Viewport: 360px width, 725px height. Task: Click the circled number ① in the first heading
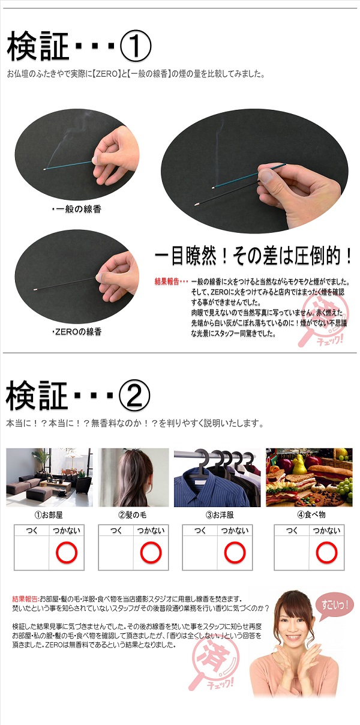pyautogui.click(x=135, y=47)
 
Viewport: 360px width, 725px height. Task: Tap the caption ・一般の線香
pyautogui.click(x=77, y=209)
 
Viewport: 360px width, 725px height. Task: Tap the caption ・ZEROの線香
pyautogui.click(x=77, y=332)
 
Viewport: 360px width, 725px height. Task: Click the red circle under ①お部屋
pyautogui.click(x=67, y=552)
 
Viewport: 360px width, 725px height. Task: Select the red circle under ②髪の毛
pyautogui.click(x=151, y=552)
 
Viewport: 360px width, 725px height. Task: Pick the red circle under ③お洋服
pyautogui.click(x=235, y=552)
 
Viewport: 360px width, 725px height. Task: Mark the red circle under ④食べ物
pyautogui.click(x=326, y=552)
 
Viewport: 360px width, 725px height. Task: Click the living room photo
pyautogui.click(x=49, y=477)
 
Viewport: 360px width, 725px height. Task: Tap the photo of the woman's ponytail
pyautogui.click(x=133, y=477)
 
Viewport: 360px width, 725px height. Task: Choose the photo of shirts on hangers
pyautogui.click(x=217, y=477)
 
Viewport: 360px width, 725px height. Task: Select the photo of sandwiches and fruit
pyautogui.click(x=309, y=477)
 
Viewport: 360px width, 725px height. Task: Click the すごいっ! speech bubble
pyautogui.click(x=335, y=604)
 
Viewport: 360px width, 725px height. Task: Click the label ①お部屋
pyautogui.click(x=49, y=515)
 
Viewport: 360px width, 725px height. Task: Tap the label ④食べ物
pyautogui.click(x=311, y=515)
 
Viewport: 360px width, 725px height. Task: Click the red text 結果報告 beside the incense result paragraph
pyautogui.click(x=167, y=281)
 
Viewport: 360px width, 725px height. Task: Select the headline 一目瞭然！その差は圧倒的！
pyautogui.click(x=253, y=256)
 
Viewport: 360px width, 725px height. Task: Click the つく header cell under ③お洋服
pyautogui.click(x=200, y=531)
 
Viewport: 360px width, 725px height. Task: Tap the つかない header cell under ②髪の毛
pyautogui.click(x=151, y=531)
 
